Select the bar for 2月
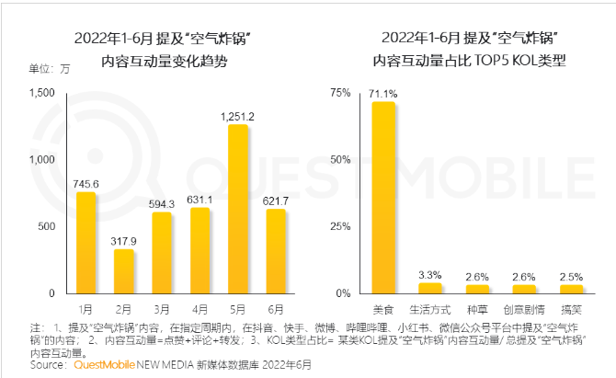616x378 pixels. pyautogui.click(x=123, y=271)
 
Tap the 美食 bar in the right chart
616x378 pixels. pyautogui.click(x=382, y=198)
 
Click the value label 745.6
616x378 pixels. pyautogui.click(x=86, y=183)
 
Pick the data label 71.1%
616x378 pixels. pyautogui.click(x=382, y=93)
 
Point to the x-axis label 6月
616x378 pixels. pyautogui.click(x=276, y=309)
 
